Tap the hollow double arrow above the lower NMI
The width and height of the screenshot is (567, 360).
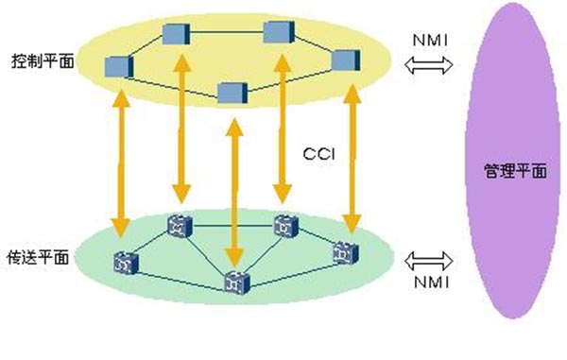[428, 258]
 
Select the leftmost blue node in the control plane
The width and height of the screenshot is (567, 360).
[118, 65]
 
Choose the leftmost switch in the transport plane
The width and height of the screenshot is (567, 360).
[122, 262]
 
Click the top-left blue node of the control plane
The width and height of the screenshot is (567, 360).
[176, 34]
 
